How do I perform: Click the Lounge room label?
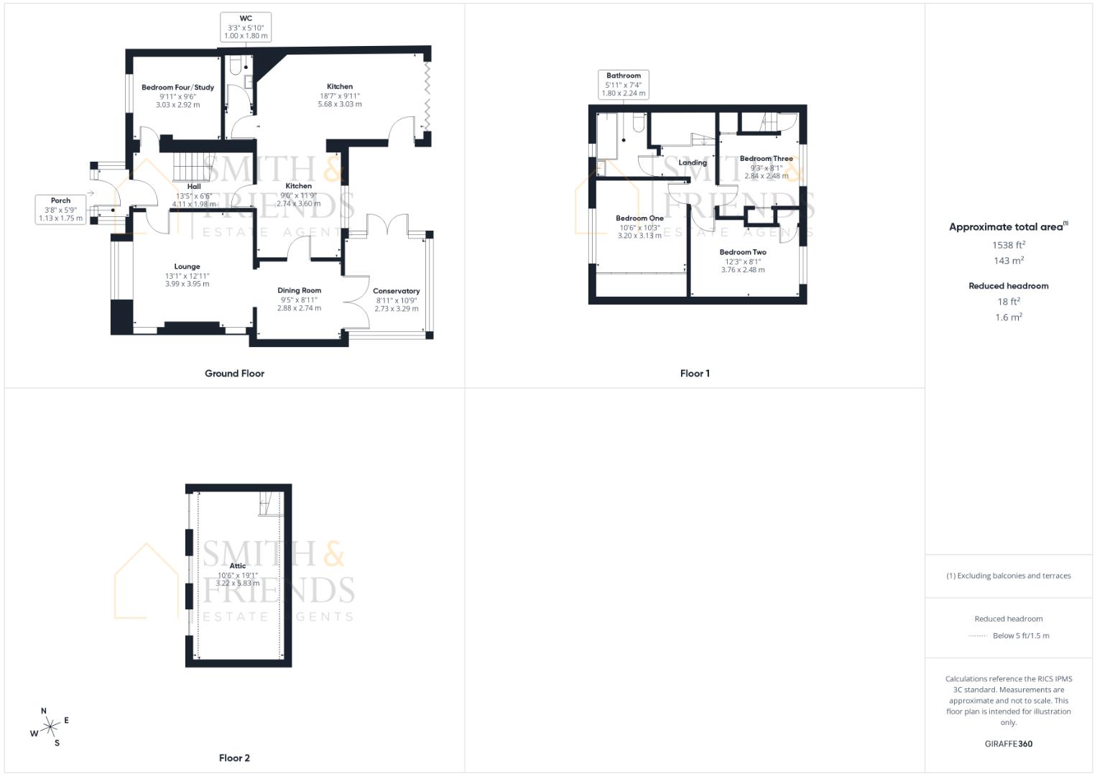[x=187, y=267]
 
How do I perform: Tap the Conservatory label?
[x=396, y=291]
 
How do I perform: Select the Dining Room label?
[x=300, y=290]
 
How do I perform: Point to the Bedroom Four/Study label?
[x=177, y=88]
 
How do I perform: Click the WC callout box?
[x=246, y=27]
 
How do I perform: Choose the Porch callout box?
[x=60, y=209]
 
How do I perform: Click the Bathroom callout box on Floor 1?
[x=624, y=84]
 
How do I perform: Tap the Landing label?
[x=693, y=162]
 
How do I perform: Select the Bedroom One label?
[x=639, y=218]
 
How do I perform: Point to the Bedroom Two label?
[x=743, y=252]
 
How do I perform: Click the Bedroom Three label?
[x=766, y=159]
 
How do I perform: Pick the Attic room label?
[x=238, y=566]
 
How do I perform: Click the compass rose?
[x=50, y=727]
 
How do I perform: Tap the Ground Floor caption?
[x=234, y=374]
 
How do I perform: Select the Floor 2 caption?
[x=234, y=758]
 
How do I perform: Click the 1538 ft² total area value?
[x=1009, y=245]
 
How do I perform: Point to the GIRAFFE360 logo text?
[x=1009, y=744]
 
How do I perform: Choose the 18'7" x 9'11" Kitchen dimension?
[x=340, y=96]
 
